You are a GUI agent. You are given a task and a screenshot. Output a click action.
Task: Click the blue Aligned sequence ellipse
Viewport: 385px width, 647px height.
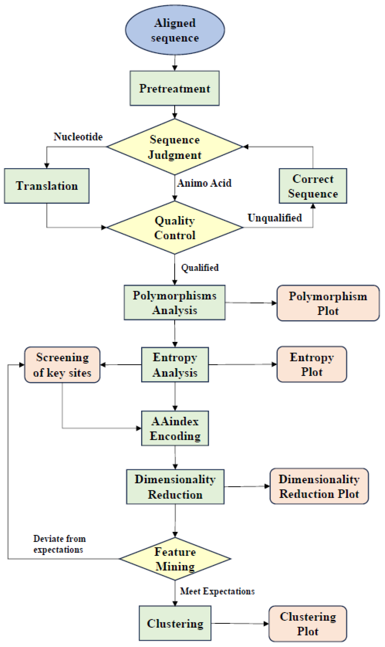[x=175, y=30]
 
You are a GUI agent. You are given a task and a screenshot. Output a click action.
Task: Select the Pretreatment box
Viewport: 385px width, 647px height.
[x=175, y=88]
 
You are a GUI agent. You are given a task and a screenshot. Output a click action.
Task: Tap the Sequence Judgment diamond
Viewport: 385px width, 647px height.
[x=175, y=147]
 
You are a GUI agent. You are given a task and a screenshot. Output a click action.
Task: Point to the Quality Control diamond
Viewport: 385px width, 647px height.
[x=175, y=227]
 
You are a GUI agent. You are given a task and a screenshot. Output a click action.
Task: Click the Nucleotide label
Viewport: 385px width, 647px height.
[x=78, y=137]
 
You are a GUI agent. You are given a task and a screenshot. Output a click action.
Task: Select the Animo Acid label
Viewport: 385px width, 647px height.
[x=204, y=183]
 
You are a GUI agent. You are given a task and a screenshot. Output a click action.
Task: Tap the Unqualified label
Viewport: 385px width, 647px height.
[x=275, y=218]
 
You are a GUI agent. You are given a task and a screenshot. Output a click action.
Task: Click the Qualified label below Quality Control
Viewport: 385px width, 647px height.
[x=200, y=268]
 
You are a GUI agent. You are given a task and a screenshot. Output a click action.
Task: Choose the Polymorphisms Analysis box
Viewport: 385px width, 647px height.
[x=175, y=303]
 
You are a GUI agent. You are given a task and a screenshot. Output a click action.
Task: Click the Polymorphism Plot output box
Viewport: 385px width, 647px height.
[x=328, y=303]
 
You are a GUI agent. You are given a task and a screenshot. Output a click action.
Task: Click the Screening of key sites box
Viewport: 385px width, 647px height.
[x=62, y=365]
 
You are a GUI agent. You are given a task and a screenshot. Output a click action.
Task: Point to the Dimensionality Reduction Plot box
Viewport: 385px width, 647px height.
[x=319, y=486]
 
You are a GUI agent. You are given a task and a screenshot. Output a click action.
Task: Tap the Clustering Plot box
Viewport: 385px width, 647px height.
[x=308, y=624]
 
